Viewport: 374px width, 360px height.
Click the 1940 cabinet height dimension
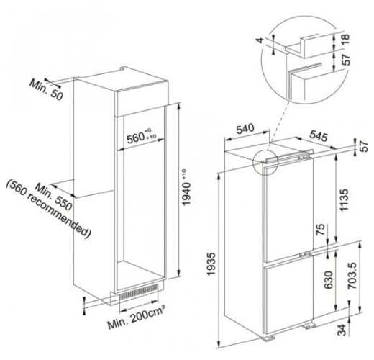[186, 187]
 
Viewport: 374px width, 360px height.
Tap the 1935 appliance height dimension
[211, 264]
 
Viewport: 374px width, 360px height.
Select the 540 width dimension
[245, 129]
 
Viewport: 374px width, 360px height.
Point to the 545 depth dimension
[319, 136]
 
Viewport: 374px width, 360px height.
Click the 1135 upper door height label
[344, 200]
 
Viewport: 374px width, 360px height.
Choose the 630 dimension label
[329, 280]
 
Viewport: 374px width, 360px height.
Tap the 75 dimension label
[321, 229]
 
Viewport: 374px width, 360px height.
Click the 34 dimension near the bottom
[342, 330]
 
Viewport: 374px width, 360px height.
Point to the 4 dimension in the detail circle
[260, 40]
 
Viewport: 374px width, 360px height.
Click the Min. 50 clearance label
[46, 90]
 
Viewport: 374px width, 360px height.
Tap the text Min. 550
[53, 197]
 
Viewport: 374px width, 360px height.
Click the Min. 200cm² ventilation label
[136, 317]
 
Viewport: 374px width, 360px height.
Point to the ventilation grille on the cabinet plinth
[139, 292]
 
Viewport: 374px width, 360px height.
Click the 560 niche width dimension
[142, 136]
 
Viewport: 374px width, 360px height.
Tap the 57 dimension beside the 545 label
[364, 146]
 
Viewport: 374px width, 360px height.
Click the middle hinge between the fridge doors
[305, 254]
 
